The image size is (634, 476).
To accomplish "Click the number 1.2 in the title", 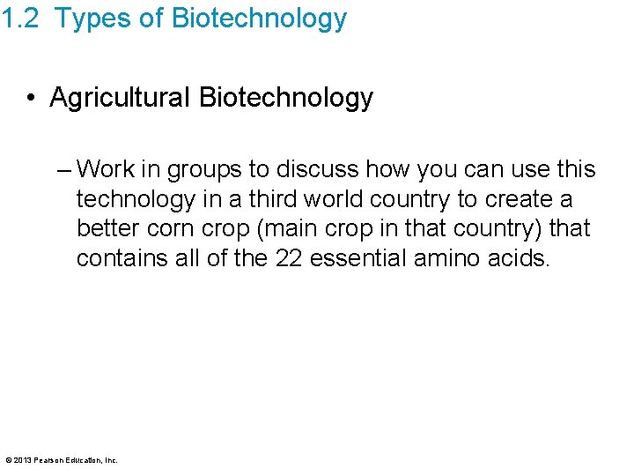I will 19,19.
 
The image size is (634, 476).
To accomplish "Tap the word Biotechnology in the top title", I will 256,19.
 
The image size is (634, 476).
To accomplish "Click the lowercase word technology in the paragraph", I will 136,199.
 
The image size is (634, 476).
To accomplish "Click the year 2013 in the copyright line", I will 21,459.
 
